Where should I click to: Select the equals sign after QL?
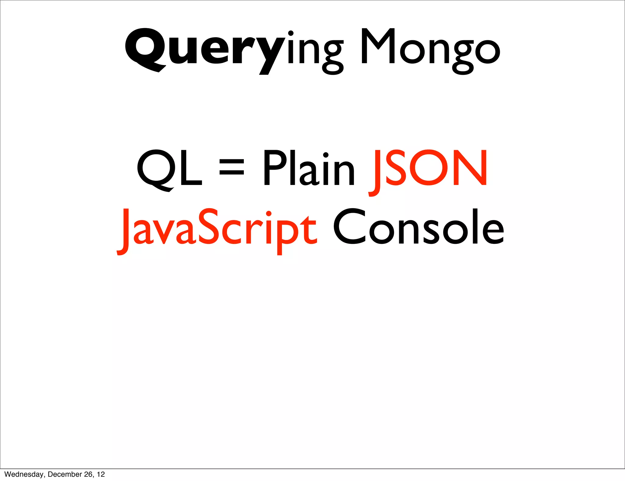pyautogui.click(x=232, y=168)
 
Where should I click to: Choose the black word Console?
pyautogui.click(x=418, y=227)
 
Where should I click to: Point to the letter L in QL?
pyautogui.click(x=191, y=168)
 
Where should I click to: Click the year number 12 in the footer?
pyautogui.click(x=101, y=474)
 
